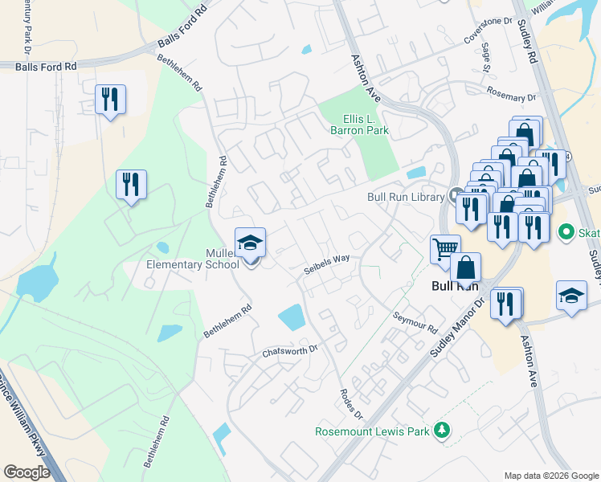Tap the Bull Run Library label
pos(406,197)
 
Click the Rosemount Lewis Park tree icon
pos(440,431)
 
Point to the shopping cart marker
pos(445,248)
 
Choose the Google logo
pos(27,472)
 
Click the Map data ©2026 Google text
pos(550,476)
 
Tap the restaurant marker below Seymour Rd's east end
pos(506,304)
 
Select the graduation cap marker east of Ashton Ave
pos(571,296)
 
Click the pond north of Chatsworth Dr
pos(292,317)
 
